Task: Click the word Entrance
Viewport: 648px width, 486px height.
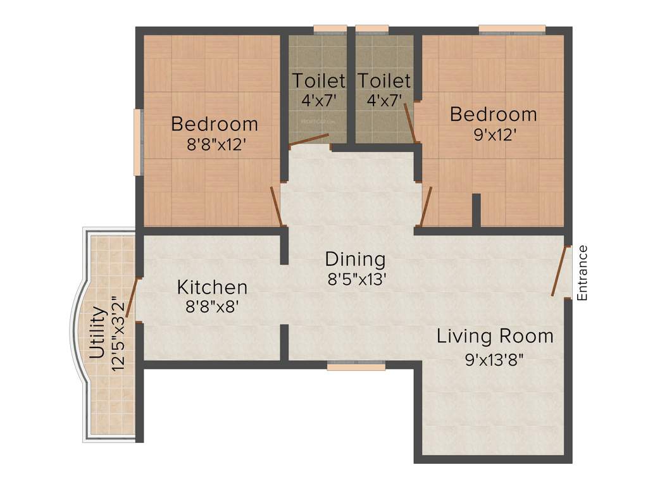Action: click(x=583, y=272)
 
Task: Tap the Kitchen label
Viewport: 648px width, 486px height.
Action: click(x=212, y=287)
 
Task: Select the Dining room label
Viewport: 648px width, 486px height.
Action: click(x=355, y=259)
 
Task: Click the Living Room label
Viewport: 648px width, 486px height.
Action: click(x=495, y=336)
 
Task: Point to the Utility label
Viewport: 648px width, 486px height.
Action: click(x=97, y=333)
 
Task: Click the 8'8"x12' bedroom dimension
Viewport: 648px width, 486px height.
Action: click(x=216, y=145)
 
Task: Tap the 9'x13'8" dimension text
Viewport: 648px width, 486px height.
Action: click(x=495, y=359)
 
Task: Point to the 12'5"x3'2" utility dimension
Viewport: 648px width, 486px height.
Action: click(x=117, y=333)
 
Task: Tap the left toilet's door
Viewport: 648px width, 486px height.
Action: click(x=309, y=140)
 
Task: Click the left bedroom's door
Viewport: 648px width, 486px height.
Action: click(x=276, y=206)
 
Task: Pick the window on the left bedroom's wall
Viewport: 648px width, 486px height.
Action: click(x=137, y=142)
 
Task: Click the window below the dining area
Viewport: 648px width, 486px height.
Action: click(x=356, y=365)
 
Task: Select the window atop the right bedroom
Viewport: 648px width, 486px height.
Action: click(x=511, y=28)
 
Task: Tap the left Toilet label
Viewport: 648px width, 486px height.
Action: click(x=318, y=81)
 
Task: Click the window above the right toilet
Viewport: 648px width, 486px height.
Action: click(x=371, y=28)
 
